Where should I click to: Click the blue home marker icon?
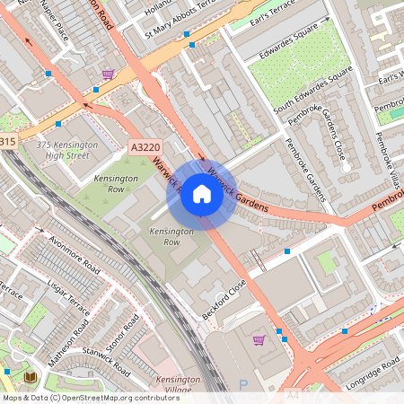click(202, 194)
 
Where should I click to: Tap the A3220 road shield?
click(145, 145)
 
